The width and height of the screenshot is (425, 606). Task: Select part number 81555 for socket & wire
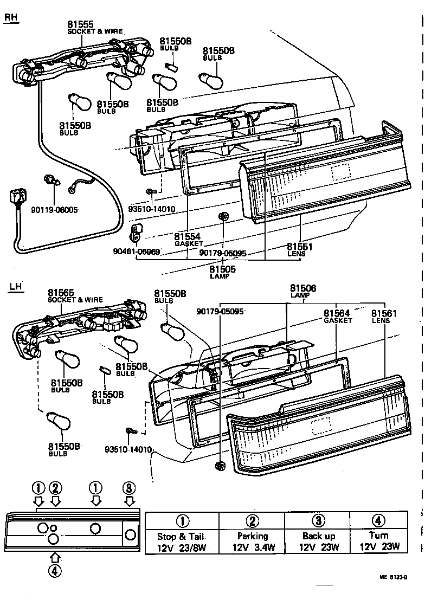80,24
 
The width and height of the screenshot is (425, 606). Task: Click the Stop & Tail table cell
182,541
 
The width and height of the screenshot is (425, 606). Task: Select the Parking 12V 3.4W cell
252,541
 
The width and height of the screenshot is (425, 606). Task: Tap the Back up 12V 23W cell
319,541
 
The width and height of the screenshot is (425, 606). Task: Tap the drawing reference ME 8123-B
392,578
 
